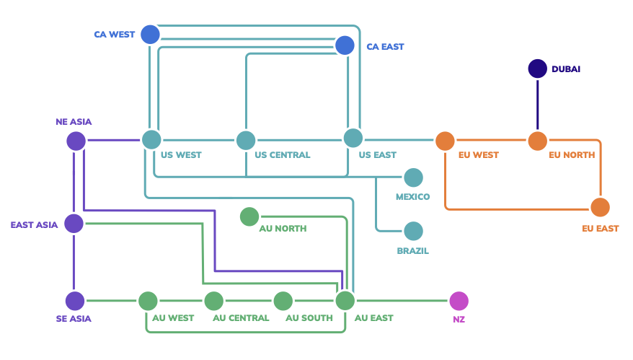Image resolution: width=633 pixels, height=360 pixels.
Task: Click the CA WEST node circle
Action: point(150,34)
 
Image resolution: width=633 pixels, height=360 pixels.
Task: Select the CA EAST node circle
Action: point(345,45)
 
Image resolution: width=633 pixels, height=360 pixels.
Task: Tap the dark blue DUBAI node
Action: point(538,69)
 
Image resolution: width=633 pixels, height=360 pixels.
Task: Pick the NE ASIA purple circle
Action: point(76,141)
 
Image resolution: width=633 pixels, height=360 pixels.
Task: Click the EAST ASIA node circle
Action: point(74,224)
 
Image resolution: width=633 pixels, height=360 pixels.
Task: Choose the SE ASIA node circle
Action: point(75,301)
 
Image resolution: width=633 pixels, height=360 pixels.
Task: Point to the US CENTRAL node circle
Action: point(246,140)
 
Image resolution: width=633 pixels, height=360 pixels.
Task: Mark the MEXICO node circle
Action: point(413,177)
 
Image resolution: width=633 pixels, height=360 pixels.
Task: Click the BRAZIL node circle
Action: point(413,231)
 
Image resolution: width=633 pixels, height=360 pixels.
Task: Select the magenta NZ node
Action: point(459,301)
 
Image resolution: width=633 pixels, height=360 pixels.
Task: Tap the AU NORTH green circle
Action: point(249,216)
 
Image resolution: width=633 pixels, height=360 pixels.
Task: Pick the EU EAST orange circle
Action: point(600,208)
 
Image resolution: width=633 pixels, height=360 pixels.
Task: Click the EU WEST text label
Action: point(478,155)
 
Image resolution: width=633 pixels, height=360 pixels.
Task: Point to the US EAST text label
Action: point(378,155)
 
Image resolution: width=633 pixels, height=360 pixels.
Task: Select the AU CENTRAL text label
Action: point(241,318)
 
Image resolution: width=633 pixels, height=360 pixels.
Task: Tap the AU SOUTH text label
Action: point(309,318)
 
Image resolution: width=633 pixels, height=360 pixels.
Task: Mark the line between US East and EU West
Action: point(399,139)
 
